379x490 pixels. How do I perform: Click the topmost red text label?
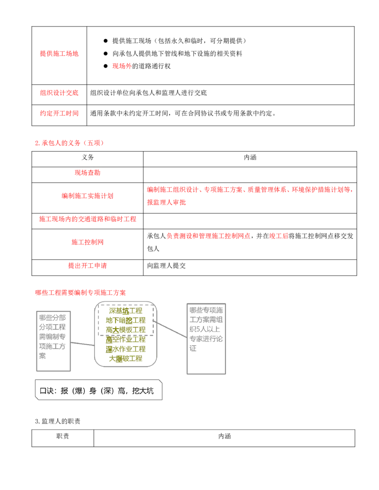click(x=59, y=53)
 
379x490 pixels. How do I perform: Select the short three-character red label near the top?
click(x=121, y=66)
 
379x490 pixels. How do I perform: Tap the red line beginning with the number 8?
click(x=70, y=143)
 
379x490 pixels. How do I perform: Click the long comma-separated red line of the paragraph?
click(x=248, y=189)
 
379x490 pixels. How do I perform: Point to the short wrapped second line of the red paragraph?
click(x=167, y=203)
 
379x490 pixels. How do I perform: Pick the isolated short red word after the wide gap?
click(x=279, y=236)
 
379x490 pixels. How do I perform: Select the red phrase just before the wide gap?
click(x=208, y=236)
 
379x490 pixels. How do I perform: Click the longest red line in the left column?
click(x=87, y=219)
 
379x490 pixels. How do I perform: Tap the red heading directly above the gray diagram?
click(x=81, y=293)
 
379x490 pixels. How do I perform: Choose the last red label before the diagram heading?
click(x=88, y=265)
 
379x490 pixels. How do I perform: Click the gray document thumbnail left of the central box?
click(x=53, y=342)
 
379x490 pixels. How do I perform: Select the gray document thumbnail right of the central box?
click(x=207, y=338)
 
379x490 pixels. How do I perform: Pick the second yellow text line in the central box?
click(x=126, y=321)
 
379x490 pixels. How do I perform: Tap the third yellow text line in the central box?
click(x=126, y=330)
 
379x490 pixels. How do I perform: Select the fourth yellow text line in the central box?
click(x=126, y=339)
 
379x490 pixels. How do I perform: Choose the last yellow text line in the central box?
click(x=126, y=359)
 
